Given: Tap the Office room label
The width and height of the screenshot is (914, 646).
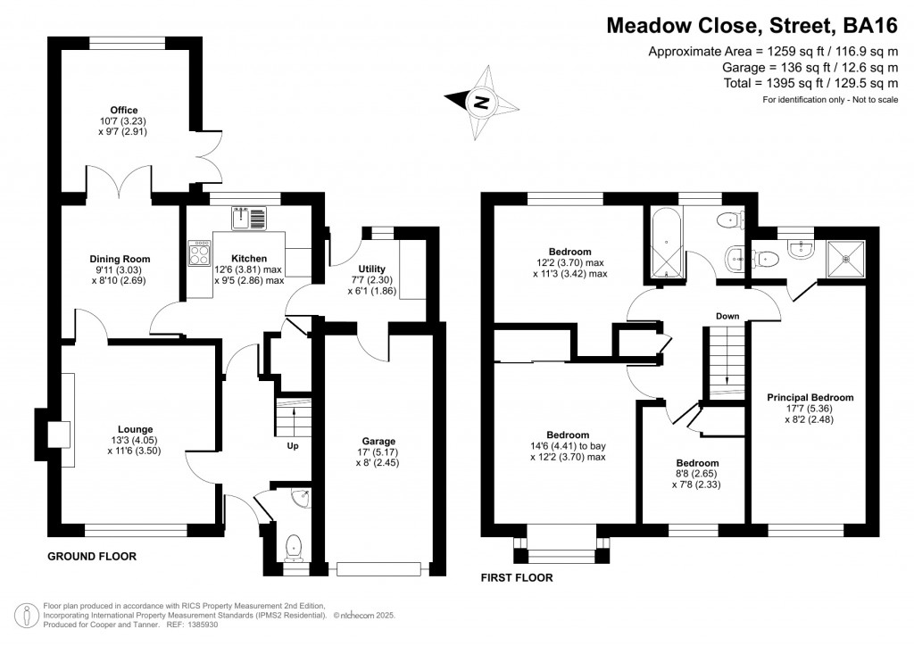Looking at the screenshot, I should point(123,111).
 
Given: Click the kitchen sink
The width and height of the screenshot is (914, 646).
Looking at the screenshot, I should point(248,218).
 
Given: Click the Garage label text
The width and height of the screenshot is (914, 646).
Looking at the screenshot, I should point(378,442).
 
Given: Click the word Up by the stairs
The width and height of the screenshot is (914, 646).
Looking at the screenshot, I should point(292,445).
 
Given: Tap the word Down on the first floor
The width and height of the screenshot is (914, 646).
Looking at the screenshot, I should point(727,316).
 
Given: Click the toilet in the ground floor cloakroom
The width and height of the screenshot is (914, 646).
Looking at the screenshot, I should point(293,545).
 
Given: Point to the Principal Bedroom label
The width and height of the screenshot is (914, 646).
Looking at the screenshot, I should point(810,398).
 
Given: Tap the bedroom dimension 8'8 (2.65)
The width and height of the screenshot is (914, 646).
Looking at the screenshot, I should point(696,474).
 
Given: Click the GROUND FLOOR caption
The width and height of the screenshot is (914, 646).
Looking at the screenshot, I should point(92,556).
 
